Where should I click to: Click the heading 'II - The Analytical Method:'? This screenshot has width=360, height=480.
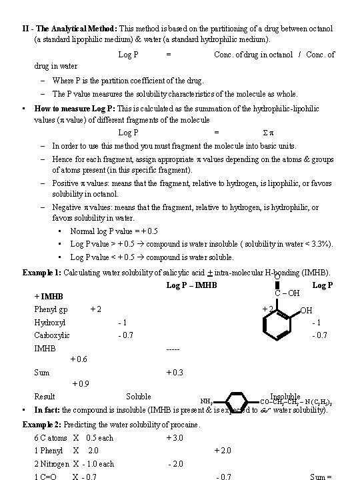point(69,29)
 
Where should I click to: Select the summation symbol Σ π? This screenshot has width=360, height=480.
point(251,133)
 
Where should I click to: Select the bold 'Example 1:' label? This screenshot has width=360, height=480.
point(42,273)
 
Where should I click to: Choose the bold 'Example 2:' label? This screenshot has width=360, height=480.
point(42,425)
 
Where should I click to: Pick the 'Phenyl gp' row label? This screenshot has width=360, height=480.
point(51,309)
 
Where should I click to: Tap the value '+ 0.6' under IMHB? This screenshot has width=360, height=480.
point(78,359)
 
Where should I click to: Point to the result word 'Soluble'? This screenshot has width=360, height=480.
point(139,397)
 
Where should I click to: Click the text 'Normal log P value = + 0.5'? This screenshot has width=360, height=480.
point(114,231)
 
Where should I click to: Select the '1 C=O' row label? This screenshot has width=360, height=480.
point(46,476)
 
